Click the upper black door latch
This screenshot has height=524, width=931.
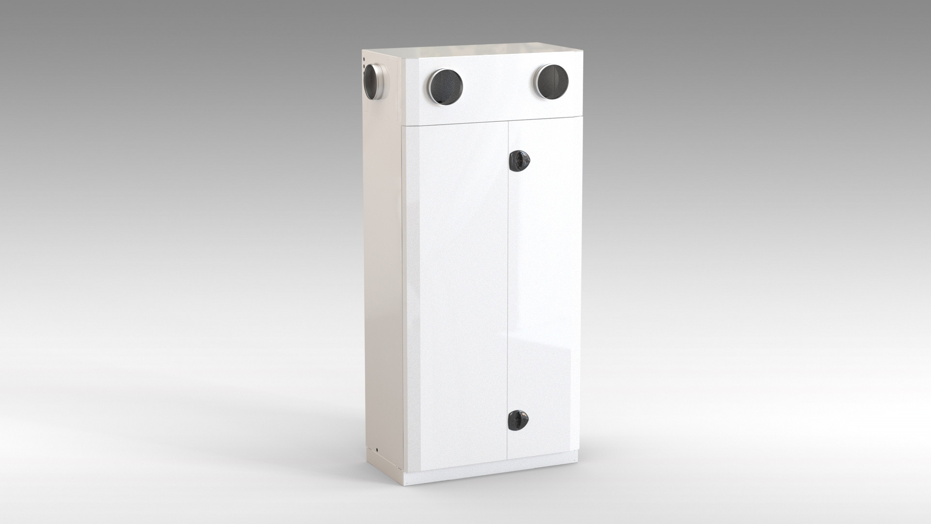519,160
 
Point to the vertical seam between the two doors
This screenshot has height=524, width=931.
508,291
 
